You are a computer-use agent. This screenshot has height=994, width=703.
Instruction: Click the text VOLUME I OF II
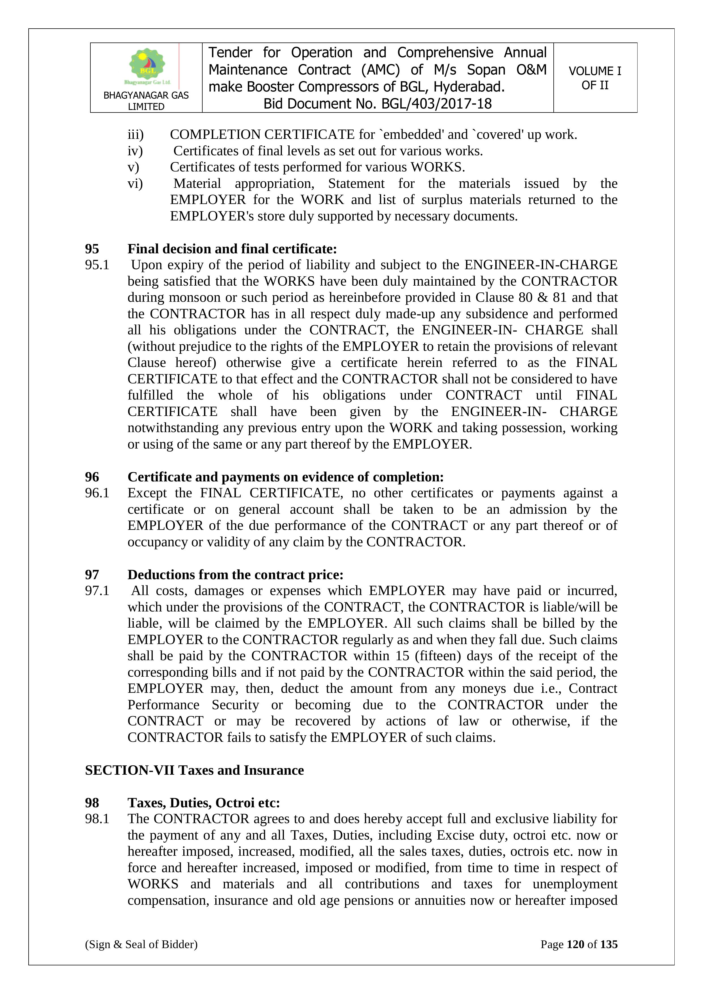pos(595,78)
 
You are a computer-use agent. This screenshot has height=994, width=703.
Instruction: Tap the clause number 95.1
pos(97,265)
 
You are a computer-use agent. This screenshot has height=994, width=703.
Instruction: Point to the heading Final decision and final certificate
pos(232,249)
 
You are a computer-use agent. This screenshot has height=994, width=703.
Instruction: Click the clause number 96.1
pos(97,493)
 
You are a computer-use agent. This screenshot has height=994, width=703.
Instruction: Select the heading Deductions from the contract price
pos(235,574)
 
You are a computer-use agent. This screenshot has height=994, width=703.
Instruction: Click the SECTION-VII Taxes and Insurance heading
pos(194,770)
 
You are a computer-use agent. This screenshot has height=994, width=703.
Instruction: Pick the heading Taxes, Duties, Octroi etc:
pos(203,803)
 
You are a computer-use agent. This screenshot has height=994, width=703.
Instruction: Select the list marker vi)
pos(135,184)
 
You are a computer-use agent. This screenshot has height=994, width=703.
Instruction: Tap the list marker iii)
pos(135,135)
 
